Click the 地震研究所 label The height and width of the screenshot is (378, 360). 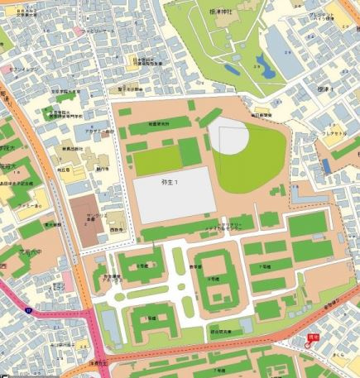[x=158, y=122]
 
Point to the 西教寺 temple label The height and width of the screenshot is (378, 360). [x=114, y=223]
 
